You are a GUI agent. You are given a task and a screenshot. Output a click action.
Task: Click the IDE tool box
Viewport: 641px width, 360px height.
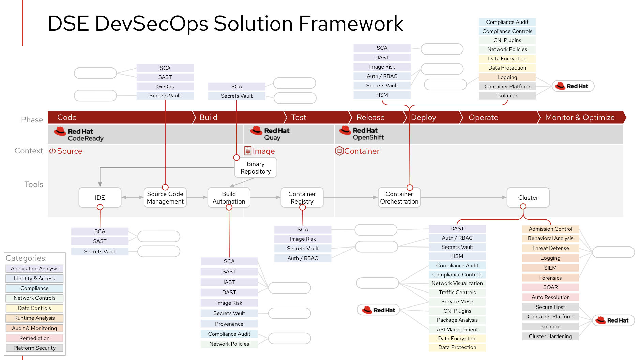(100, 197)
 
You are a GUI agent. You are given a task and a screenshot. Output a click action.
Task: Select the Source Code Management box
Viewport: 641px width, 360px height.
(165, 197)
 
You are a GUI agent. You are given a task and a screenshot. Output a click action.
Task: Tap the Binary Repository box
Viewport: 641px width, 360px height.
(256, 167)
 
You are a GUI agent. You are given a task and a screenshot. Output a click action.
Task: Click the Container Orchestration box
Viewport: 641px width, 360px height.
(399, 197)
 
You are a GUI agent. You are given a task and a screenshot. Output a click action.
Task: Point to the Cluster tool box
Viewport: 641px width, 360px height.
(528, 197)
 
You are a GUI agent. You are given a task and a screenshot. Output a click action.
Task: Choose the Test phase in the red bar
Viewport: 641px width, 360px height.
(299, 117)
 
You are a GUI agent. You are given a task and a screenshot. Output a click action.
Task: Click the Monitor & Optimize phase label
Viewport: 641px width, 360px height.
(580, 117)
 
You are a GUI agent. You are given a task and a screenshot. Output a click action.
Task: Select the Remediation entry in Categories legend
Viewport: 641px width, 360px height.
(34, 338)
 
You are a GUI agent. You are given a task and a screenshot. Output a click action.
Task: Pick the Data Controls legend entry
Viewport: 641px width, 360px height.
(34, 308)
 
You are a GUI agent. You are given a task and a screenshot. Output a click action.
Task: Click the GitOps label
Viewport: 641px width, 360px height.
(165, 87)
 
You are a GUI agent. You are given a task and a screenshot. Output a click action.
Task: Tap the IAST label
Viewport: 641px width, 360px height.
(229, 282)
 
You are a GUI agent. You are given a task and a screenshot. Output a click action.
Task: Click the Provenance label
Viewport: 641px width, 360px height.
(229, 324)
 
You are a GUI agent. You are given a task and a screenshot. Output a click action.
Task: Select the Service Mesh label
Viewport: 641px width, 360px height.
(457, 301)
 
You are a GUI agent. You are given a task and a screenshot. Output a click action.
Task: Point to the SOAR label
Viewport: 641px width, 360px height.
(550, 287)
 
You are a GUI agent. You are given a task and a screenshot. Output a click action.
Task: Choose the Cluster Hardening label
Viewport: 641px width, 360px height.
(550, 336)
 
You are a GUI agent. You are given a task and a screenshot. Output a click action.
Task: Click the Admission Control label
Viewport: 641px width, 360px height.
(550, 229)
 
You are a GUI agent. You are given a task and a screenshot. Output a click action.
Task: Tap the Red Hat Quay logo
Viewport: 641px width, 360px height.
(270, 134)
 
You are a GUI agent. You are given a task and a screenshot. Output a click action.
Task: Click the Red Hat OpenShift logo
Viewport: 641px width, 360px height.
(362, 133)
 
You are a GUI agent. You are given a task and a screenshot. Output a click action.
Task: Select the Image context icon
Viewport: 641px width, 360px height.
(248, 151)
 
